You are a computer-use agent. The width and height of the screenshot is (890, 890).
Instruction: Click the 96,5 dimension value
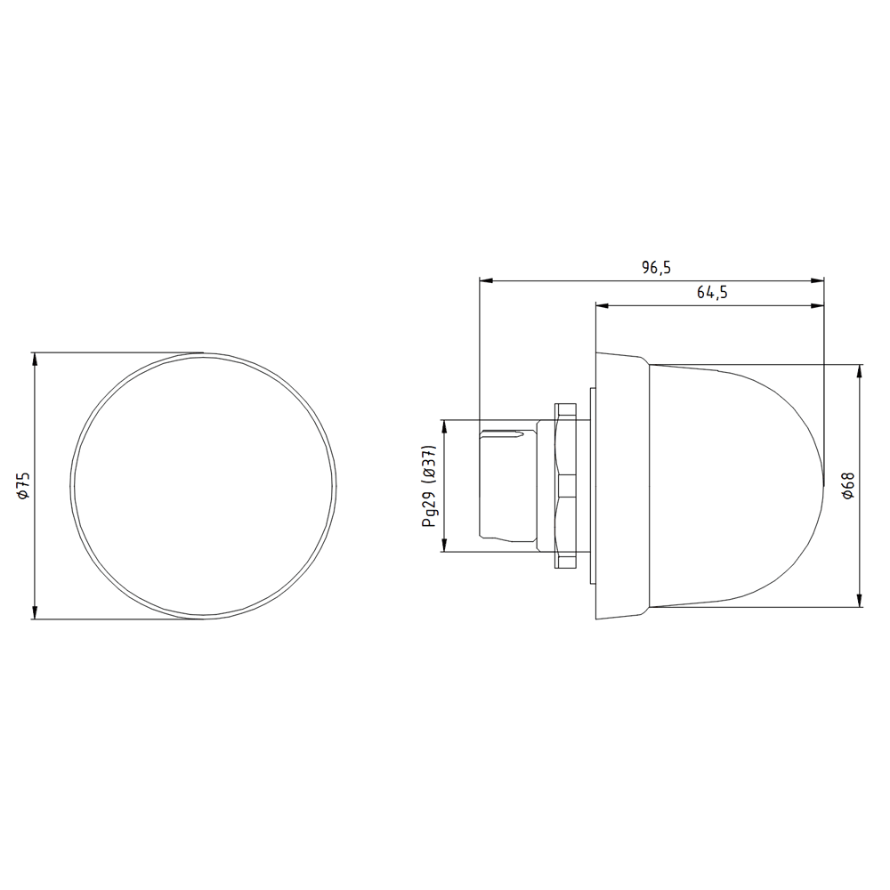point(655,267)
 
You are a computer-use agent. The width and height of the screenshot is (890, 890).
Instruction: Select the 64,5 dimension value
point(712,293)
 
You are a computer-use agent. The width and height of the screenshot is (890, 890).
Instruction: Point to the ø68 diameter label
point(847,485)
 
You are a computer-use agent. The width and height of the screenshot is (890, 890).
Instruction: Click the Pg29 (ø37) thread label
point(430,486)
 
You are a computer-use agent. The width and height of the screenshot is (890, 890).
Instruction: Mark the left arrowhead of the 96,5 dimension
point(486,280)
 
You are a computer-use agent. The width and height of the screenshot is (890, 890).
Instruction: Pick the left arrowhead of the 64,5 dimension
point(602,306)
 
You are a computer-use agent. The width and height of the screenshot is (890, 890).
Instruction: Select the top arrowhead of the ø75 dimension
point(35,360)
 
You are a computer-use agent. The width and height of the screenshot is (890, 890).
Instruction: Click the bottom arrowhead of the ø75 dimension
point(35,612)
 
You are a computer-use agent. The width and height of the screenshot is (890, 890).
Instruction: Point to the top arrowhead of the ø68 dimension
point(860,370)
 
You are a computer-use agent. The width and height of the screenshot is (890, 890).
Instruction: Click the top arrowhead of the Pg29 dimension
point(442,426)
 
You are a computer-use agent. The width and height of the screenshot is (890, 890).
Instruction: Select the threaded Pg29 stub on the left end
point(507,485)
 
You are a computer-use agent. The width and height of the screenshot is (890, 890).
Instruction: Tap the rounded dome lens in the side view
point(739,485)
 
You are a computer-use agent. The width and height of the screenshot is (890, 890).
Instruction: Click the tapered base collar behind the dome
point(621,485)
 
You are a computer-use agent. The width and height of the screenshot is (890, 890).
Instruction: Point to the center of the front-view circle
point(204,486)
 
